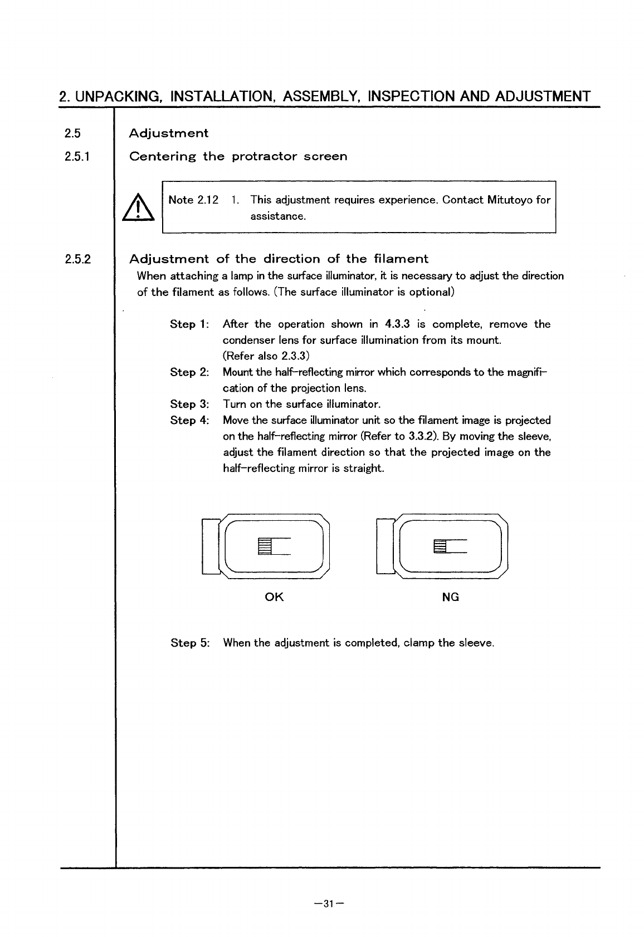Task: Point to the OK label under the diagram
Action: tap(275, 597)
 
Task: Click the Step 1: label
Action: tap(189, 324)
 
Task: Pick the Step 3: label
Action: tap(189, 404)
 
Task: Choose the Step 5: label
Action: tap(190, 643)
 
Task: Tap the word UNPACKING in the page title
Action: tap(118, 96)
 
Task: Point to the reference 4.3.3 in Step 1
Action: tap(397, 324)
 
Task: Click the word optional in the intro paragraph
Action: tap(432, 292)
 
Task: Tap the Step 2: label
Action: tap(189, 372)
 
